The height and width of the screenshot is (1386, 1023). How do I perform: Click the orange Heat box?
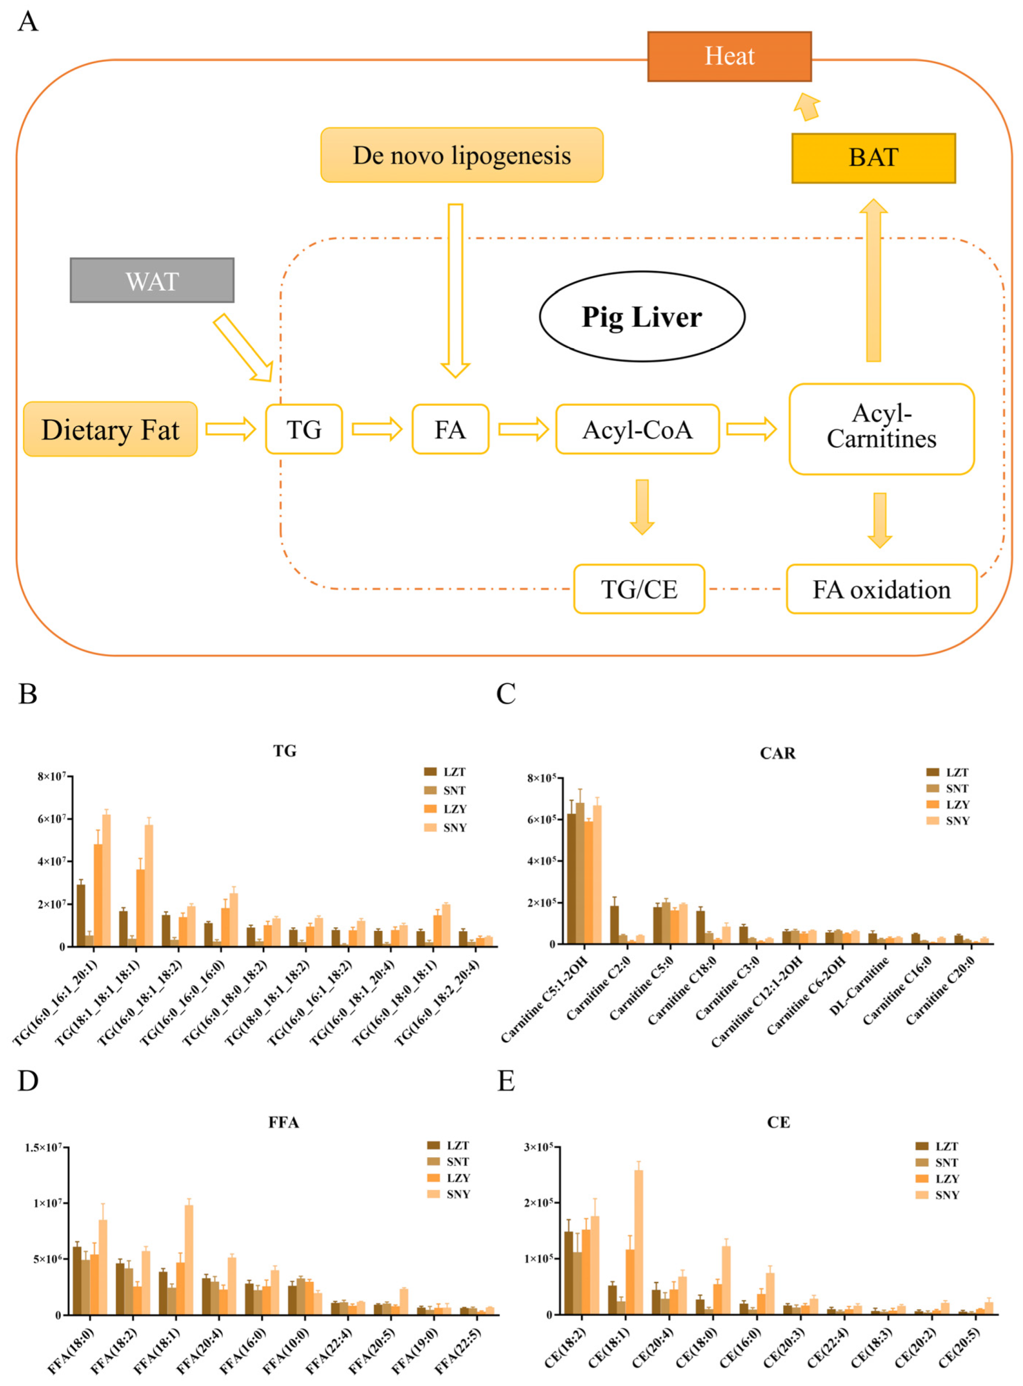pos(729,57)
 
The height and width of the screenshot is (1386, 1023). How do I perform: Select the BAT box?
pos(873,158)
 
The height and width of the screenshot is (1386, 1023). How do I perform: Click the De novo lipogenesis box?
pos(461,155)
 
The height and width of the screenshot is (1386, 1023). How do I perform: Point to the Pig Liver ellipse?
pos(642,317)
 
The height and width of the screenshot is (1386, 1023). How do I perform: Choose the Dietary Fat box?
pos(110,430)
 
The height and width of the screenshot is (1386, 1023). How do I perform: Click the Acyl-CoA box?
pos(637,430)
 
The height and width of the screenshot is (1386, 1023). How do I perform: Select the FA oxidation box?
pos(881,589)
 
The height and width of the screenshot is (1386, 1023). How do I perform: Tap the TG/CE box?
pos(639,589)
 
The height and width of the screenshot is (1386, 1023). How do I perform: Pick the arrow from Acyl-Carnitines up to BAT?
pos(873,282)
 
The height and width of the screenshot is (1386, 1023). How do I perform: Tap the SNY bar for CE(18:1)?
pos(638,1242)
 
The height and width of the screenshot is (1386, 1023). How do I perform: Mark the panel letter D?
pos(28,1081)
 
